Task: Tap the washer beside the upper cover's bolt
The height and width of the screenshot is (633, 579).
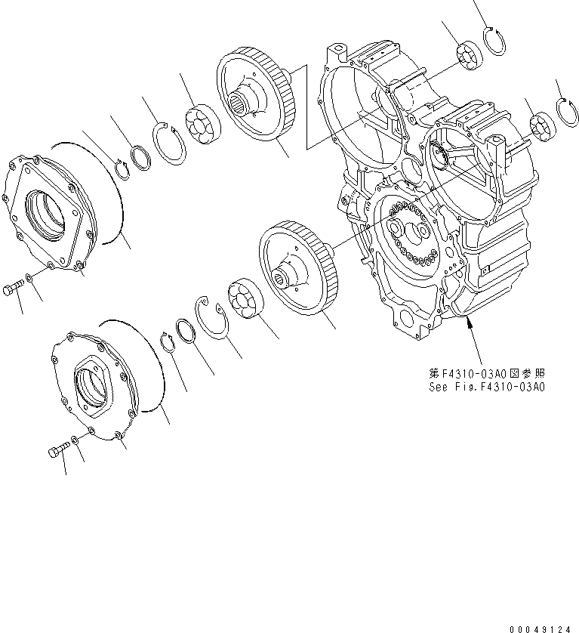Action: (x=28, y=280)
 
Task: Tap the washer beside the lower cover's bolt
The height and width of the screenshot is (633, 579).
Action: (x=74, y=440)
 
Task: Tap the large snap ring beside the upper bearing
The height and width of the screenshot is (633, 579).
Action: (x=171, y=144)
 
